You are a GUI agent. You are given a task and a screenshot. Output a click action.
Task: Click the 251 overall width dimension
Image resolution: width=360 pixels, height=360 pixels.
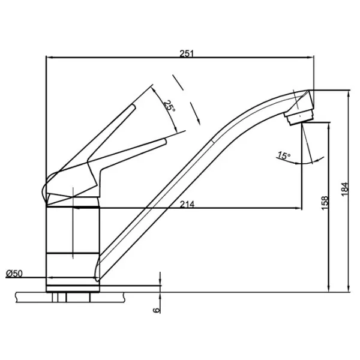[187, 53]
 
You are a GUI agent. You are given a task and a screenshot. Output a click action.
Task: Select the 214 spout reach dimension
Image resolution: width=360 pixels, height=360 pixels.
[187, 203]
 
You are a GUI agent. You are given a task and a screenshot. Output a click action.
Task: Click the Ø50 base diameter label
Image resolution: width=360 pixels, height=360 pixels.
[14, 274]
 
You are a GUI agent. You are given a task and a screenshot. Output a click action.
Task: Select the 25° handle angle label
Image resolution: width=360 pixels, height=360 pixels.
[169, 106]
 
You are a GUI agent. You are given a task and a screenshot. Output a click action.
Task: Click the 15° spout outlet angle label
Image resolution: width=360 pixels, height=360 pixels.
[283, 155]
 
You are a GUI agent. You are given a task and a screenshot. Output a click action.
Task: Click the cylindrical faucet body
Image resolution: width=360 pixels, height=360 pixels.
[71, 240]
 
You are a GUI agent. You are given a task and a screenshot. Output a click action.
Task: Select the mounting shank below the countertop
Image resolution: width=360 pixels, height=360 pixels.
[71, 296]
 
